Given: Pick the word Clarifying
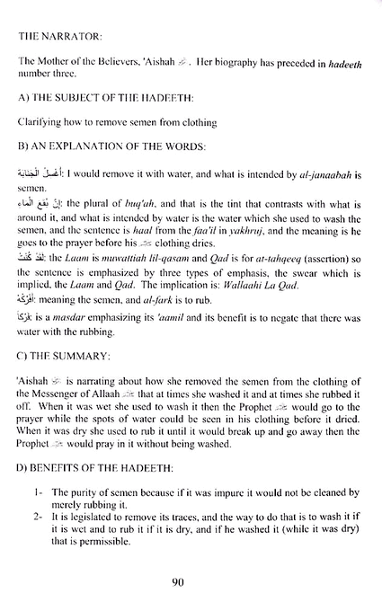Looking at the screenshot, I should [x=39, y=119].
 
